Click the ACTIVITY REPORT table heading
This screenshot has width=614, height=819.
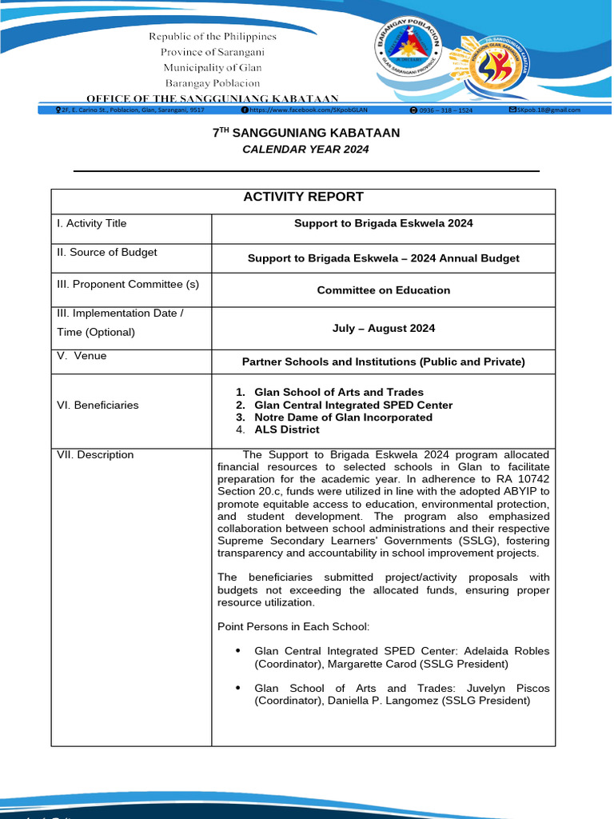coord(303,197)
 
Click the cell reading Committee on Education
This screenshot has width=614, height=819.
coord(383,290)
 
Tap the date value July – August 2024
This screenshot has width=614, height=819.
coord(383,329)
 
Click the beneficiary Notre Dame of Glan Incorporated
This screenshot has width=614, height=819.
coord(343,417)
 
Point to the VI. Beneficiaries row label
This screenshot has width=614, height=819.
coord(98,406)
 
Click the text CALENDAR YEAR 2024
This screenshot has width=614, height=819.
coord(306,150)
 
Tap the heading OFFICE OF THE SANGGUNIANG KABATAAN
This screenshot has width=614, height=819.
coord(212,97)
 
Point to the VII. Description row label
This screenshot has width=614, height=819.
coord(95,455)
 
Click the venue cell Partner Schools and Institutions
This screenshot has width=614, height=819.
coord(383,362)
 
